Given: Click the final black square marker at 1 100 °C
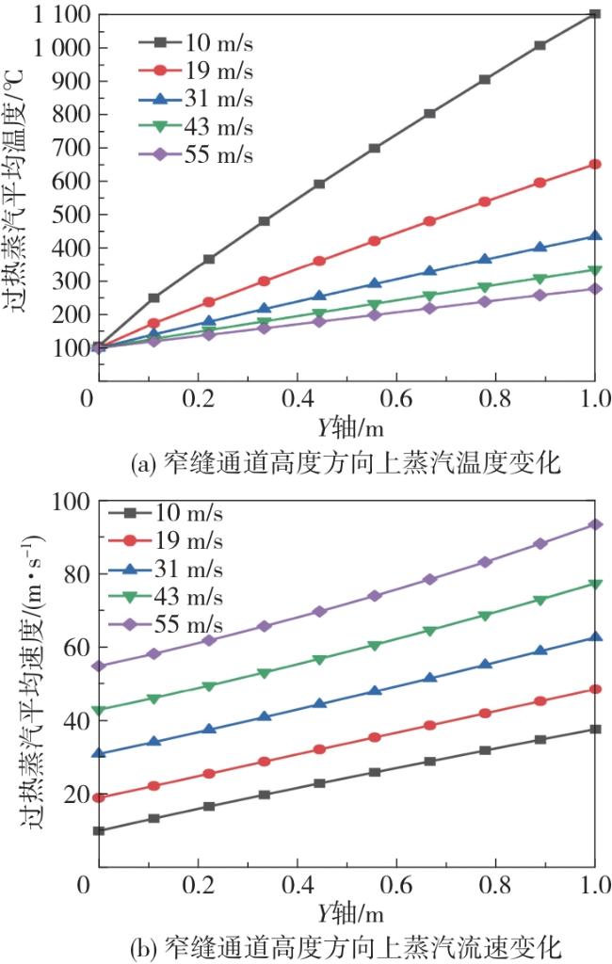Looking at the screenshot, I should tap(594, 13).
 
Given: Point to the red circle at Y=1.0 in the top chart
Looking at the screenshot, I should tap(594, 164).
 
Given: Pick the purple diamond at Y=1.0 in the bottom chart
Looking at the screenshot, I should tap(595, 524).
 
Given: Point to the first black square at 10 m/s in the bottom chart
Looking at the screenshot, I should tap(98, 831).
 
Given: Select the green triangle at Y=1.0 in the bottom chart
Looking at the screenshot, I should tap(595, 584).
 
